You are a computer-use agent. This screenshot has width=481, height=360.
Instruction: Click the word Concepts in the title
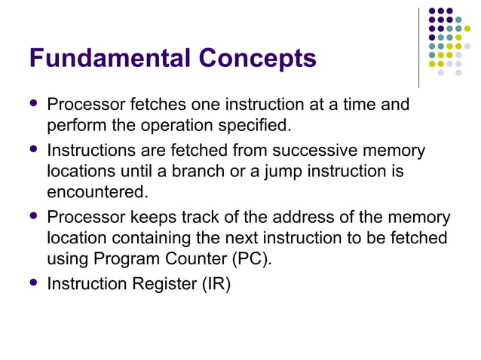point(256,58)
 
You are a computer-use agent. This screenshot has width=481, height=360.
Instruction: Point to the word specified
point(257,124)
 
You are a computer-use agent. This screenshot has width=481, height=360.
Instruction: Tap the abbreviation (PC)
point(250,258)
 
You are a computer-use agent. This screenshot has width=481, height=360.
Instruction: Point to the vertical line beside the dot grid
point(418,47)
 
